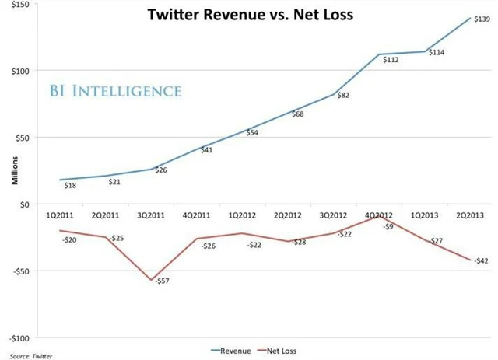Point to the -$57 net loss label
(x=163, y=280)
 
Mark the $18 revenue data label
(x=70, y=186)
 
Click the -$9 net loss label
(x=387, y=226)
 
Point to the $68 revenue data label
(x=297, y=114)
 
